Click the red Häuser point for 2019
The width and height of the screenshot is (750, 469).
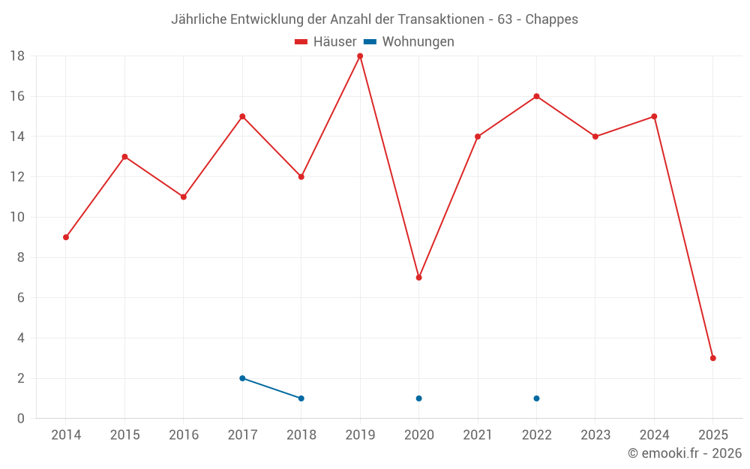click(360, 56)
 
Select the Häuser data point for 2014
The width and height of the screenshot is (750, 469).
click(66, 237)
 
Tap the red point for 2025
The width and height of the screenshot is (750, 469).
click(713, 358)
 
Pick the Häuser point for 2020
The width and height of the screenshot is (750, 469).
click(418, 278)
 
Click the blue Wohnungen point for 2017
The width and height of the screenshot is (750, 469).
click(242, 378)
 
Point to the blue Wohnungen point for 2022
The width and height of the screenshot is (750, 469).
click(536, 398)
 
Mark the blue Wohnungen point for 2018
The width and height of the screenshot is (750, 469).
click(301, 398)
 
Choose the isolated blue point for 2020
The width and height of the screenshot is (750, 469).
click(418, 398)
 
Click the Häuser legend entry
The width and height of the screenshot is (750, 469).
click(325, 42)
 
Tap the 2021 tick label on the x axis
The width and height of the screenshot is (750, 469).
click(478, 435)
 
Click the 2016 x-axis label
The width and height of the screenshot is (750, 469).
click(184, 435)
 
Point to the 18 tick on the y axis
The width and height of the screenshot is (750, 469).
click(17, 56)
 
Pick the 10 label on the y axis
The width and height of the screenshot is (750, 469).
click(17, 218)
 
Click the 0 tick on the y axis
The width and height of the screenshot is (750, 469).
click(21, 419)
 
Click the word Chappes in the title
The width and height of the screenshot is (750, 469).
click(552, 20)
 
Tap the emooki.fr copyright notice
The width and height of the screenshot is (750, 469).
click(685, 453)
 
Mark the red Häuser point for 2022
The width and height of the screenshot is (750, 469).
click(536, 96)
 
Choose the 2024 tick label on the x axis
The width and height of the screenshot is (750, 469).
click(654, 435)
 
